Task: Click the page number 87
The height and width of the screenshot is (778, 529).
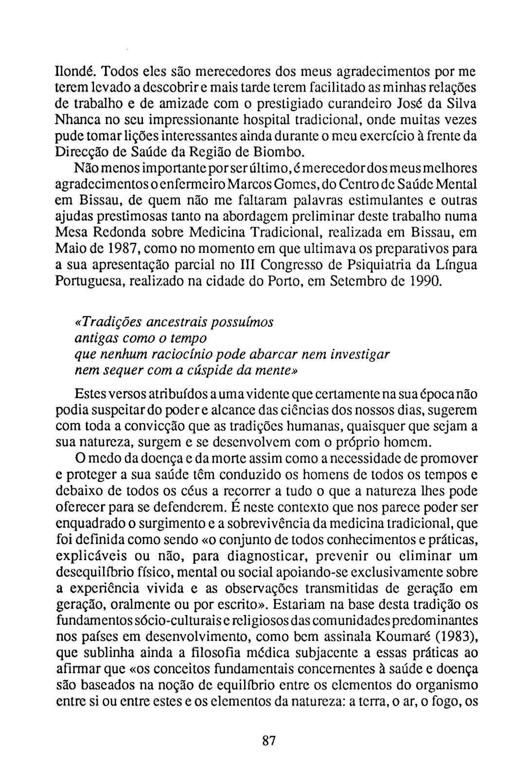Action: [x=269, y=741]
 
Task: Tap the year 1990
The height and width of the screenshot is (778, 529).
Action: [x=424, y=281]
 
